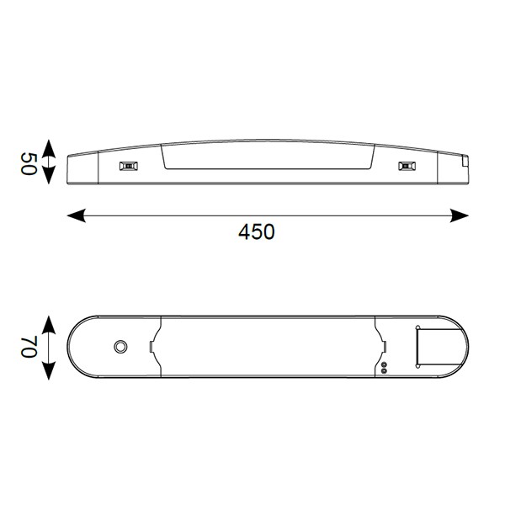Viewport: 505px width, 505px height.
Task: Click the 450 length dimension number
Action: click(257, 231)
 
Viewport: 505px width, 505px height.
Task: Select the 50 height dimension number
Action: click(29, 164)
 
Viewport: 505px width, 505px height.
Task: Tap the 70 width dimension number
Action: click(29, 347)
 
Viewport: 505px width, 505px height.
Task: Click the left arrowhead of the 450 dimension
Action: click(77, 215)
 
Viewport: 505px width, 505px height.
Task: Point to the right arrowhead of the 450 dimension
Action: click(460, 215)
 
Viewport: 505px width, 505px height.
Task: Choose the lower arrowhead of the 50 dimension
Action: click(49, 175)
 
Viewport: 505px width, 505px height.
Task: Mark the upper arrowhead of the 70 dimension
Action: click(49, 325)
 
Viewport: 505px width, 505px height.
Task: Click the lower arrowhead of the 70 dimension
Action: click(49, 370)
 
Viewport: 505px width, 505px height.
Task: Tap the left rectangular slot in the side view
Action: click(129, 166)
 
